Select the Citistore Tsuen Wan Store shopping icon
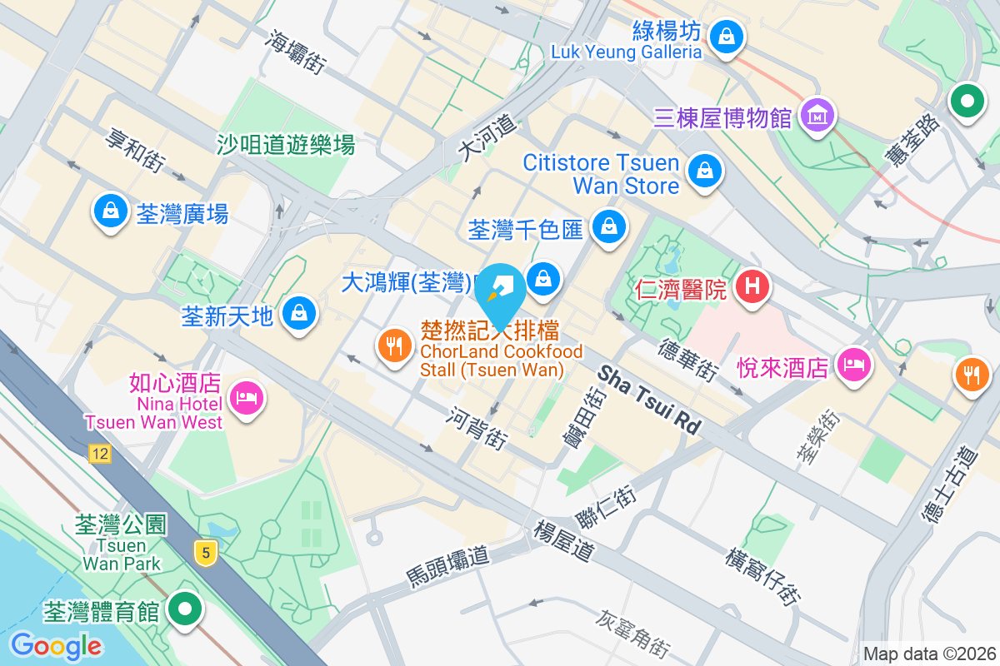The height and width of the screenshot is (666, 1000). pyautogui.click(x=705, y=171)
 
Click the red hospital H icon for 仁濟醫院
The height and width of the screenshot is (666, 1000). pyautogui.click(x=752, y=287)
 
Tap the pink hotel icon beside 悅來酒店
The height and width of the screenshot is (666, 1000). pyautogui.click(x=852, y=364)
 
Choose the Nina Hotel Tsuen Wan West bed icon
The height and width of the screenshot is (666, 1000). pyautogui.click(x=245, y=397)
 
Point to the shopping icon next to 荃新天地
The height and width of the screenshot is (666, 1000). pyautogui.click(x=297, y=314)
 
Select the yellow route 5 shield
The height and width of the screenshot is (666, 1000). pyautogui.click(x=206, y=552)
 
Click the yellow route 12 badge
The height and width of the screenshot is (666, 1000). pyautogui.click(x=100, y=454)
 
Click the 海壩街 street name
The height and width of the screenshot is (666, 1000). pyautogui.click(x=297, y=52)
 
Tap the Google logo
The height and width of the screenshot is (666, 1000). pyautogui.click(x=57, y=645)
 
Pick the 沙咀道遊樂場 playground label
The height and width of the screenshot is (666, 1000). pyautogui.click(x=286, y=145)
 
